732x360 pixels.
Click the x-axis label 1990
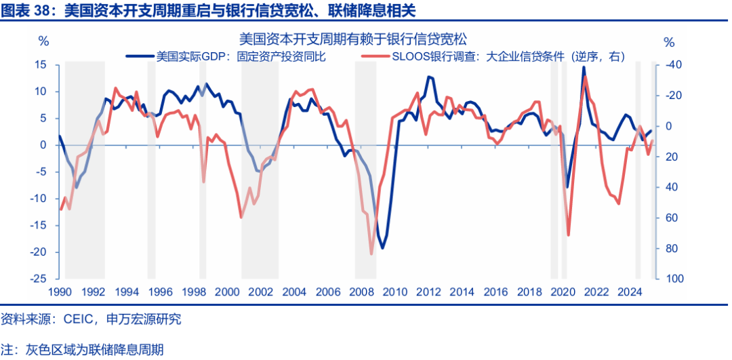[x=60, y=292]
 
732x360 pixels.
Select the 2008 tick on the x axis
[x=359, y=292]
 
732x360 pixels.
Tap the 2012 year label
[x=426, y=292]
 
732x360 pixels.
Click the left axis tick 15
[x=40, y=65]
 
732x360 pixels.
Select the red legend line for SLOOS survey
[x=374, y=57]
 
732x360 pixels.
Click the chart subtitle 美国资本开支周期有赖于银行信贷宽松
[x=353, y=40]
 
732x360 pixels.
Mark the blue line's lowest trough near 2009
[x=382, y=248]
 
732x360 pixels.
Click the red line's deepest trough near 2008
[x=371, y=254]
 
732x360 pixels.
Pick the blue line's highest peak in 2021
[x=584, y=67]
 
